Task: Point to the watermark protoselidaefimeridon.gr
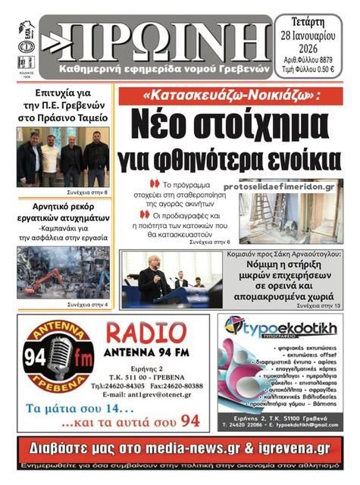click(x=279, y=186)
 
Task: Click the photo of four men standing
click(x=64, y=158)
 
